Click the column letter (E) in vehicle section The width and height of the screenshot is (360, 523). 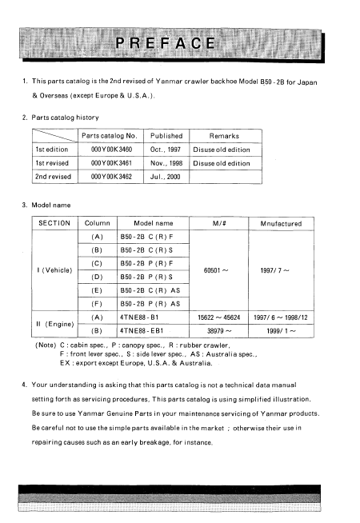[x=97, y=291]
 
